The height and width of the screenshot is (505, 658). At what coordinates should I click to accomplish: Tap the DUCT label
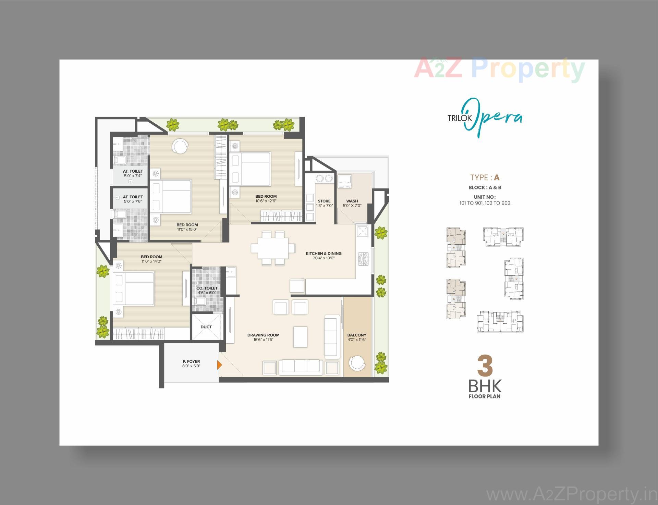[x=206, y=327]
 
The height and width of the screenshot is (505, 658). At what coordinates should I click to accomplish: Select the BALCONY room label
[x=356, y=335]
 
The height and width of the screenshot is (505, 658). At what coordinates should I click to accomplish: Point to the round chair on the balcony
[x=357, y=363]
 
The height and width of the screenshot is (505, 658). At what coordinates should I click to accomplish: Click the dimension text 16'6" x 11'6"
[x=263, y=340]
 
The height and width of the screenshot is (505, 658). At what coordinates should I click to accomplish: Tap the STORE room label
[x=324, y=201]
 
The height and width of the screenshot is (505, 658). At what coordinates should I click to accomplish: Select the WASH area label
[x=352, y=201]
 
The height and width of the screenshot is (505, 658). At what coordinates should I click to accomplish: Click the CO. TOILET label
[x=207, y=288]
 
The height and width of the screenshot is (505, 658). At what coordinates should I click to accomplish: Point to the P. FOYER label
[x=191, y=361]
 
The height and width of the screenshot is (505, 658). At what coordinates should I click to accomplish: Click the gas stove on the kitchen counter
[x=363, y=259]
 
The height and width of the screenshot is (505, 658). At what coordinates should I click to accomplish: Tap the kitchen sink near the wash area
[x=363, y=231]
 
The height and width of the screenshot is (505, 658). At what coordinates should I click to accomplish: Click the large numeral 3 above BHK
[x=485, y=367]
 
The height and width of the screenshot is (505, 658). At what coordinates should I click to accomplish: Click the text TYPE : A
[x=485, y=177]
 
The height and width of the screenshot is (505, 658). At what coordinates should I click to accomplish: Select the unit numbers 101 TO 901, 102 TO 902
[x=485, y=203]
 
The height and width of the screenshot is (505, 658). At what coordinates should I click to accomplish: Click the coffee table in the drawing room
[x=300, y=337]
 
